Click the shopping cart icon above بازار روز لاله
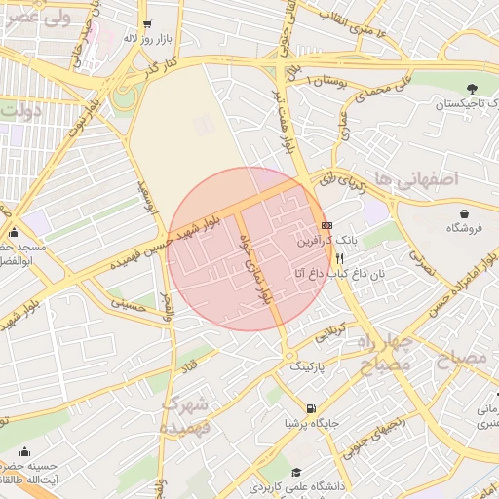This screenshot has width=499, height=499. click(x=146, y=23)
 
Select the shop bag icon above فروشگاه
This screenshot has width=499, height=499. click(x=465, y=213)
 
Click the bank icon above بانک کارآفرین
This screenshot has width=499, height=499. click(x=326, y=225)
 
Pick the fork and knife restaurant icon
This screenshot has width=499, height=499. click(x=339, y=259)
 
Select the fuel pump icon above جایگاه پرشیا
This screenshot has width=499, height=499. click(x=310, y=408)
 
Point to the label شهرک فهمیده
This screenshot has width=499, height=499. click(x=185, y=415)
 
